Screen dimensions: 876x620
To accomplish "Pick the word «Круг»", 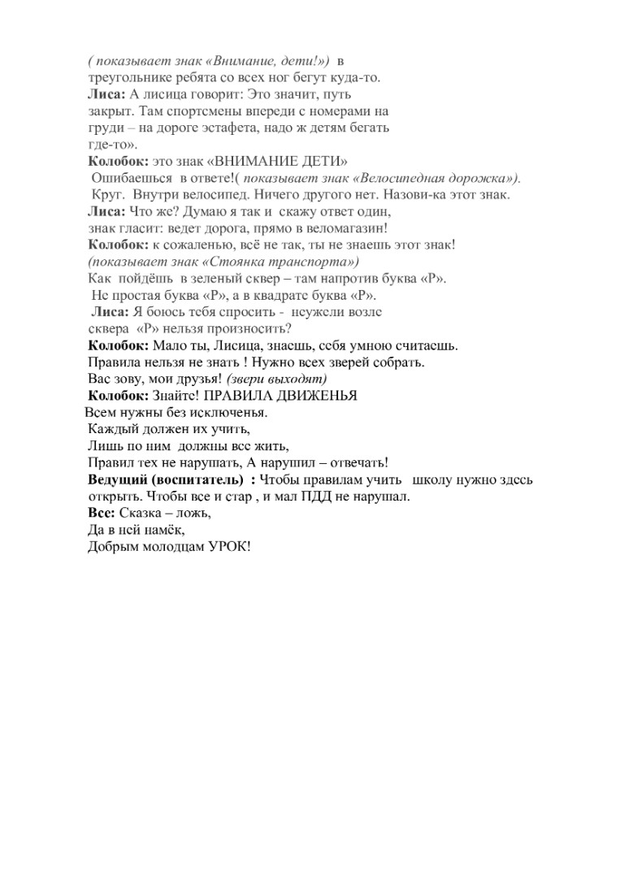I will click(107, 195).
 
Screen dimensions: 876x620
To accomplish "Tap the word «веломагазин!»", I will click(352, 228).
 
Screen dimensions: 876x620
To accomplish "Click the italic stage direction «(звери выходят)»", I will click(277, 379).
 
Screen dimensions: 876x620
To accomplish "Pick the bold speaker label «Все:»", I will click(102, 513).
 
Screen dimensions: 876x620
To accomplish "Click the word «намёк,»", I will click(150, 530).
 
